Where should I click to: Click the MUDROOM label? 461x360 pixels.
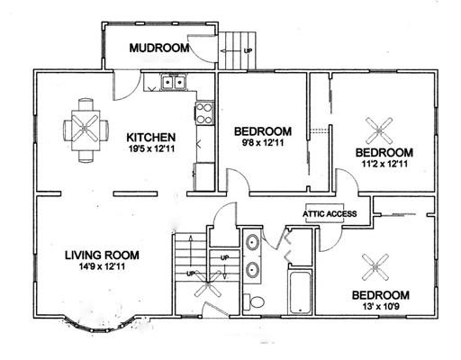pos(159,48)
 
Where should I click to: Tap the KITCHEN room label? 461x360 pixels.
pos(151,138)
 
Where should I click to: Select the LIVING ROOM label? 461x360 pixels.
pos(102,255)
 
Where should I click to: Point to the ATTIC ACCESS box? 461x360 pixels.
pos(330,213)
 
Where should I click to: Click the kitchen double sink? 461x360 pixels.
pos(174,82)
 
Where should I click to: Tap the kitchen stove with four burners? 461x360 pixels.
pos(204,113)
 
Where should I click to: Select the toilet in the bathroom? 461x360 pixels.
pos(254,302)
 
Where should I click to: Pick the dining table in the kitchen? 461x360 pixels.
pos(86,130)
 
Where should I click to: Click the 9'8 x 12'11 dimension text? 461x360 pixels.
pos(263,143)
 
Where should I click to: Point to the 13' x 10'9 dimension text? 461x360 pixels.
pos(380,307)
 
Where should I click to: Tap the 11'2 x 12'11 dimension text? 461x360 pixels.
pos(385,164)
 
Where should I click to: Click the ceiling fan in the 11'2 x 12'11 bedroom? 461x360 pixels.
pos(379,130)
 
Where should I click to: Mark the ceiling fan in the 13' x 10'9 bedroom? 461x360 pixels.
pos(375,267)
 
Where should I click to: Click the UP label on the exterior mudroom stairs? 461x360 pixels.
pos(248,51)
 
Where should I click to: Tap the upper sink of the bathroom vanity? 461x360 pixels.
pos(252,242)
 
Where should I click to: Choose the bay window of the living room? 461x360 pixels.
pos(99,325)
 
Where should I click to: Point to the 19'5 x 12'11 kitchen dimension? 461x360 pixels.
pos(151,148)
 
